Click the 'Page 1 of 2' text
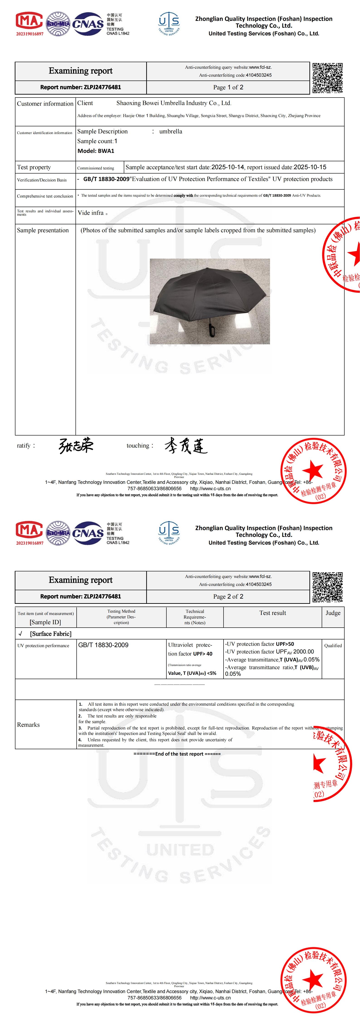tap(228, 87)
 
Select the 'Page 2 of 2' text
tap(228, 596)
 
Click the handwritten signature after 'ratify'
tap(76, 445)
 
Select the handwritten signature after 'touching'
tap(186, 446)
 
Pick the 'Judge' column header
tap(333, 613)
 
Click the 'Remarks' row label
tap(29, 725)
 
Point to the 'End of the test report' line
tap(177, 754)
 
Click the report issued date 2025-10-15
tap(310, 167)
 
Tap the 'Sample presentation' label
tap(43, 230)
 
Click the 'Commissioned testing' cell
tap(96, 168)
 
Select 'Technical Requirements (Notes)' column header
tap(195, 617)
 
